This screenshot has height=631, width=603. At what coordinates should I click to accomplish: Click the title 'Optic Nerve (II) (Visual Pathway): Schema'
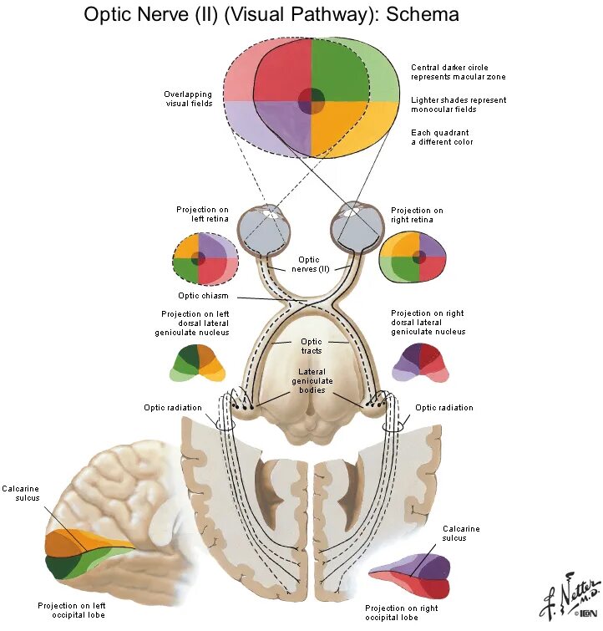(x=271, y=15)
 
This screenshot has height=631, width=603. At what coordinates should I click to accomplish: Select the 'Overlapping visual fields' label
(x=188, y=99)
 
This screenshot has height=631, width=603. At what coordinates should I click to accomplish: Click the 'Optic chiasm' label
(x=203, y=296)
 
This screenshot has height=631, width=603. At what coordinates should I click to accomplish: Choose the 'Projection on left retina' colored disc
(x=204, y=260)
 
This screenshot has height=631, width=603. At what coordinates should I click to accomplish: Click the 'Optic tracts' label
(x=312, y=346)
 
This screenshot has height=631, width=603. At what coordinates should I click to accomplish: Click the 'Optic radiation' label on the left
(x=172, y=408)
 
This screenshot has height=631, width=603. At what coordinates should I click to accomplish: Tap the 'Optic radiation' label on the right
(x=444, y=408)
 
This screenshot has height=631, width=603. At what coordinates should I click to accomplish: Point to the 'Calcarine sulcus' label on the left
(x=20, y=492)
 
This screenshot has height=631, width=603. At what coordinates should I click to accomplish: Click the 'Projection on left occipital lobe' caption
(x=72, y=610)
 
